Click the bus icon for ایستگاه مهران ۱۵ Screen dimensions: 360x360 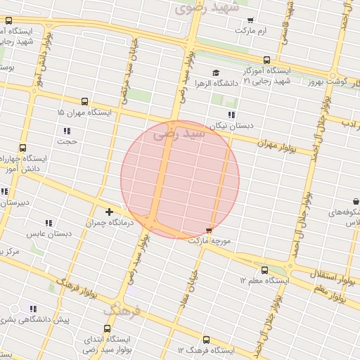click(x=85, y=101)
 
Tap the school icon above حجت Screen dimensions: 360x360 click(x=67, y=131)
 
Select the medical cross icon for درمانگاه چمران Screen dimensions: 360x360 click(x=109, y=211)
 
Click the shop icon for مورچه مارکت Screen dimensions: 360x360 click(x=209, y=230)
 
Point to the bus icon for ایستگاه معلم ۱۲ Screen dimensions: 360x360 click(x=264, y=270)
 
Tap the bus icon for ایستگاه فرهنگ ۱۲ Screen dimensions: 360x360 click(x=205, y=340)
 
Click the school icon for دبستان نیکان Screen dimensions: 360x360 click(x=231, y=115)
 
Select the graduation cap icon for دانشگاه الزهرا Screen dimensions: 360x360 click(x=216, y=72)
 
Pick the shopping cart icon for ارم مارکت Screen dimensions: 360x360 click(x=251, y=20)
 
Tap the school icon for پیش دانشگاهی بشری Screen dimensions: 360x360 click(x=32, y=308)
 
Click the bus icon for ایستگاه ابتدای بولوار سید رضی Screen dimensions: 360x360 click(x=107, y=328)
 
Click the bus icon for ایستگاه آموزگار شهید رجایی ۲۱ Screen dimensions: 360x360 click(x=266, y=60)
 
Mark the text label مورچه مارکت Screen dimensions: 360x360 click(x=209, y=240)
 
